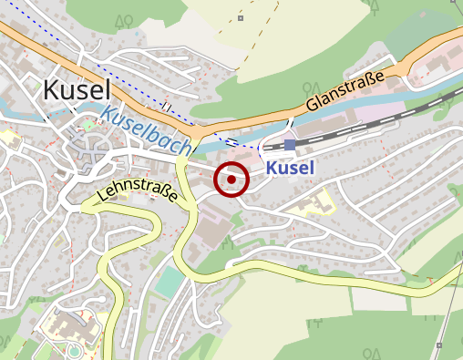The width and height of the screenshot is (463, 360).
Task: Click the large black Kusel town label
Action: [x=77, y=89]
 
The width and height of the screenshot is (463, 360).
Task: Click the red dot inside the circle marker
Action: [x=231, y=180]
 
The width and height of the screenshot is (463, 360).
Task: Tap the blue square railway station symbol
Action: [x=289, y=145]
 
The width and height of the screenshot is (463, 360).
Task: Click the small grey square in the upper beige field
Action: [x=241, y=17]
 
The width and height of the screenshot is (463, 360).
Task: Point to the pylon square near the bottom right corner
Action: [x=439, y=345]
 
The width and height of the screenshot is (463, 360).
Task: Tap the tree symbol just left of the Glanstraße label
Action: [x=308, y=88]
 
